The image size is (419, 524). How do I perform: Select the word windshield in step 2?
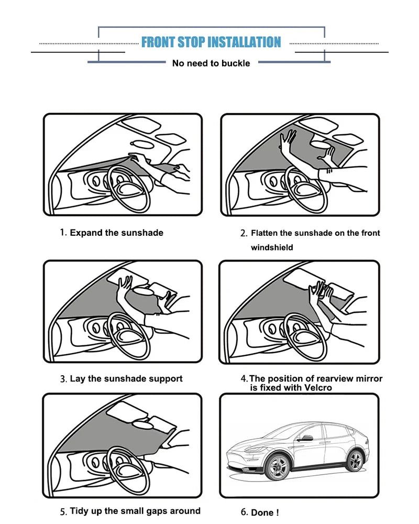(x=272, y=248)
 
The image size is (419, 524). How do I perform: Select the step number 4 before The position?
(x=244, y=379)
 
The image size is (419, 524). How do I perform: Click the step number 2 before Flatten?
(x=243, y=233)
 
